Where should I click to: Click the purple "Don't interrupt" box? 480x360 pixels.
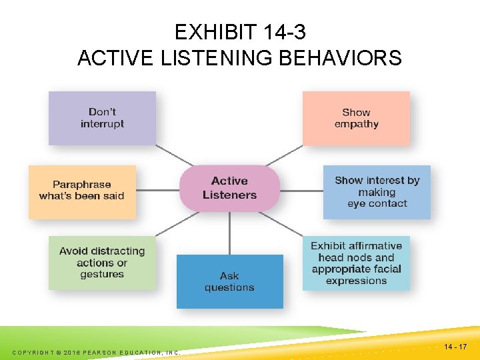click(102, 118)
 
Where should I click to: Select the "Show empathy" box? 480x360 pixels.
click(356, 118)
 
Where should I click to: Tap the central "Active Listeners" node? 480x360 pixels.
click(229, 188)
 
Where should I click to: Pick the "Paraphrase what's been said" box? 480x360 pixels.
click(82, 191)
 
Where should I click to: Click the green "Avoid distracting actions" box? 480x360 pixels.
click(102, 263)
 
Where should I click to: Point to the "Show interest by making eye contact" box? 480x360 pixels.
click(377, 192)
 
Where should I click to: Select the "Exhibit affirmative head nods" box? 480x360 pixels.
click(356, 263)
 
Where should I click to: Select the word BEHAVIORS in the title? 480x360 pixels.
click(339, 59)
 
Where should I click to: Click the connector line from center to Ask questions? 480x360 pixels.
click(229, 233)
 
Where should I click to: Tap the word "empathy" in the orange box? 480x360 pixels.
click(356, 124)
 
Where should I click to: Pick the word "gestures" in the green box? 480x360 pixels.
click(102, 274)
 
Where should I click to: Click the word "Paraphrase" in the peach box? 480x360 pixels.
click(82, 185)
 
